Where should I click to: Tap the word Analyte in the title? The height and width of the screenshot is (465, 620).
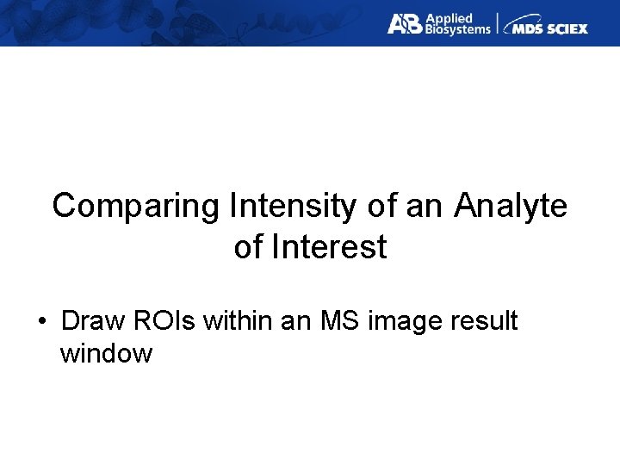pos(511,207)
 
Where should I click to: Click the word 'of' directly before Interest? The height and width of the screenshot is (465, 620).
pos(249,248)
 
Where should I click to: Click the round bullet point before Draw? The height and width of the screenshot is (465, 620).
pos(41,322)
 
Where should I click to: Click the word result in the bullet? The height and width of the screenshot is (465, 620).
pos(485,321)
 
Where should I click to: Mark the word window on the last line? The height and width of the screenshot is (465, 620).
pos(106,353)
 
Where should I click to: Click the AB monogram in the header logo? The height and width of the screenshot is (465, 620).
pos(403,23)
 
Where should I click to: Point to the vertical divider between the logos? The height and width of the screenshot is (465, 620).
pos(497,23)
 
